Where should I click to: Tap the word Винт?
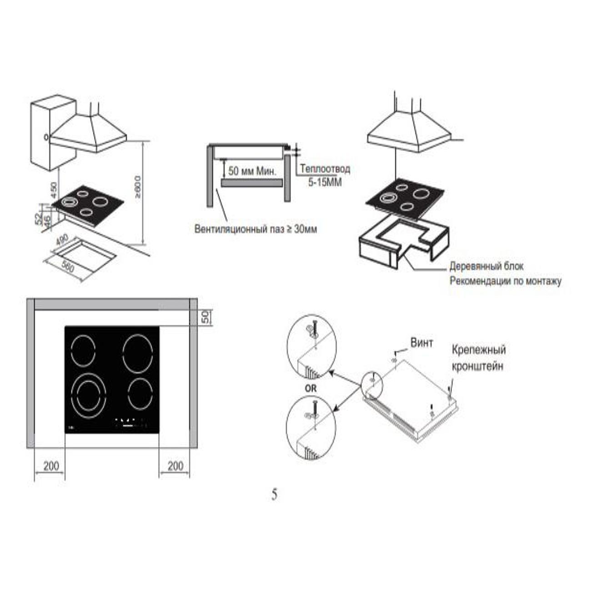tap(422, 343)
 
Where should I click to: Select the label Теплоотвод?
tap(325, 169)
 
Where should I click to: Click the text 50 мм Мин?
tap(252, 171)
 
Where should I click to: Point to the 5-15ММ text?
tap(325, 182)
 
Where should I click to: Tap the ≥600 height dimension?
tap(138, 187)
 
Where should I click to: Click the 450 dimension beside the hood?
tap(54, 190)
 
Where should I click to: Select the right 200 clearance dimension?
tap(175, 466)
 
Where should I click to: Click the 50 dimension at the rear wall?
tap(206, 316)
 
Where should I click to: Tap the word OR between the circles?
tap(311, 389)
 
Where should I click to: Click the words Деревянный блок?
tap(486, 266)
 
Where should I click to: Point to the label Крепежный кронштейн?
tap(478, 358)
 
